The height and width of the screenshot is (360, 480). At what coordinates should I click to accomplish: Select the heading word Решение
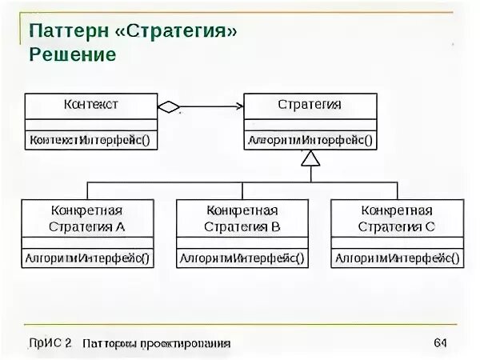point(73,54)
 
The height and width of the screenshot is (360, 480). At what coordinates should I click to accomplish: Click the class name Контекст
point(90,105)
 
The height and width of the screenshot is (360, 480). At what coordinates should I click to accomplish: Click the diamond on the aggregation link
point(169,106)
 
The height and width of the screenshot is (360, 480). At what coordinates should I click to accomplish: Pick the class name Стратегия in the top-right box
point(310,105)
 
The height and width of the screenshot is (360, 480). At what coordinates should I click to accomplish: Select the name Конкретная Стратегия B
point(242,218)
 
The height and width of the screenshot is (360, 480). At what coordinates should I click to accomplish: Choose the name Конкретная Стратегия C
point(397,218)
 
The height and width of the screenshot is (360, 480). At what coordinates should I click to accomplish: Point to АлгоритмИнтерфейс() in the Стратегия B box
point(242,258)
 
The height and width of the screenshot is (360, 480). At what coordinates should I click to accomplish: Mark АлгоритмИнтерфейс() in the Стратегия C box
point(397,258)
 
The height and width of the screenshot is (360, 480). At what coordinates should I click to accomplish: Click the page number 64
point(439,343)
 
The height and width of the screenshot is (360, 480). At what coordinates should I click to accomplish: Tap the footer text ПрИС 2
point(49,343)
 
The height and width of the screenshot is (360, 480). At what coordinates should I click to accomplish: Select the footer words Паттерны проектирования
point(156,343)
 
